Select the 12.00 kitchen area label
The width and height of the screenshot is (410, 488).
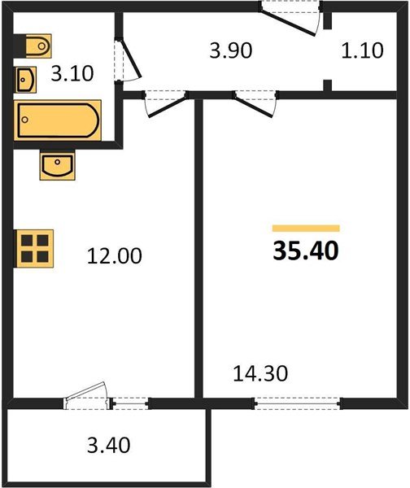click(115, 256)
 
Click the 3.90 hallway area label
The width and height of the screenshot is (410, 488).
click(231, 50)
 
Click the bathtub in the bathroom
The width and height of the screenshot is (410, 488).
click(57, 121)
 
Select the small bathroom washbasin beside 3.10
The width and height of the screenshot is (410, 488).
click(26, 80)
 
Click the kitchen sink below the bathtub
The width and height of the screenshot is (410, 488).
click(57, 166)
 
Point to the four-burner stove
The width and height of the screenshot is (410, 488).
click(35, 248)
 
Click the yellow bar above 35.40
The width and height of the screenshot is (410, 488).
click(305, 229)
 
